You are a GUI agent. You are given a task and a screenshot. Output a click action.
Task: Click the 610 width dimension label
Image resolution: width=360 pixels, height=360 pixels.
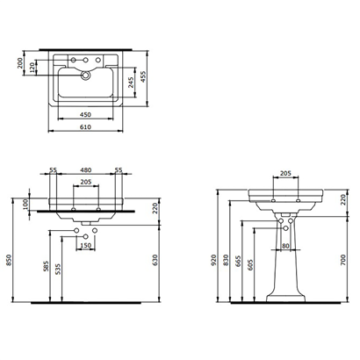click(x=85, y=127)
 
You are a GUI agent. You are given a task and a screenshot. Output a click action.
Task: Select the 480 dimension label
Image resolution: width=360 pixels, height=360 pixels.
click(x=85, y=170)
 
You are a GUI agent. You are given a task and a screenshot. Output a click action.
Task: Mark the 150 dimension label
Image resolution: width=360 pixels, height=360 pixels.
click(x=85, y=245)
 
